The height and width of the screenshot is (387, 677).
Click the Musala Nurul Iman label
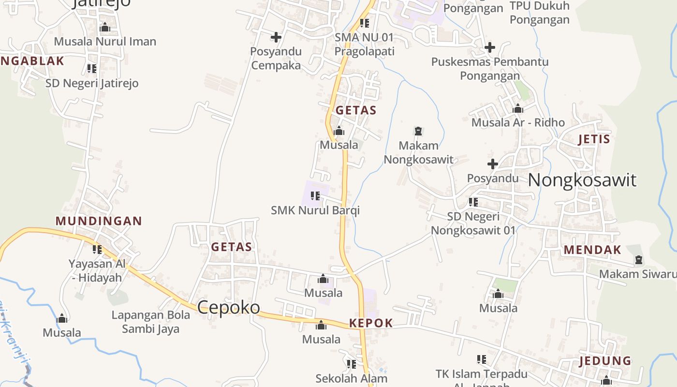(x=105, y=42)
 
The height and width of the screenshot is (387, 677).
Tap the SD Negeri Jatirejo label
(x=92, y=83)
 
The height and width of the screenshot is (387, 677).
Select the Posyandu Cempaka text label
(x=276, y=58)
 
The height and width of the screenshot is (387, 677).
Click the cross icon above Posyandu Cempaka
(x=276, y=37)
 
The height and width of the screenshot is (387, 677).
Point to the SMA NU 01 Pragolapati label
(x=364, y=44)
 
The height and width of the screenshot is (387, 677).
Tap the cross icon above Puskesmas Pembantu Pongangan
(x=490, y=47)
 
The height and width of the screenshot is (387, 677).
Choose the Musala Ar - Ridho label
(x=518, y=122)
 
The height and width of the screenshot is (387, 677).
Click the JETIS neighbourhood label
(x=594, y=139)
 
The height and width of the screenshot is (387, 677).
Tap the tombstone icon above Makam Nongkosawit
(x=418, y=131)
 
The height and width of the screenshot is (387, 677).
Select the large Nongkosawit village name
(x=582, y=180)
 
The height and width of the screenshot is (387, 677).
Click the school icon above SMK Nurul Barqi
(x=315, y=196)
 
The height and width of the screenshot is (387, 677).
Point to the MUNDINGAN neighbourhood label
(x=99, y=221)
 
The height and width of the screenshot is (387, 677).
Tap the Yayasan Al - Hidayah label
(x=97, y=271)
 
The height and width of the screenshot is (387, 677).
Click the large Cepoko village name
(x=228, y=307)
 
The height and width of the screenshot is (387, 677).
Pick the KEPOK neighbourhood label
(x=370, y=323)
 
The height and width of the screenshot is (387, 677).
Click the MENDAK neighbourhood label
(x=592, y=250)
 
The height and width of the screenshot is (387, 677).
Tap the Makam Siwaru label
(x=637, y=274)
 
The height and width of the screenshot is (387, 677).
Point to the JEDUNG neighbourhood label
(x=605, y=361)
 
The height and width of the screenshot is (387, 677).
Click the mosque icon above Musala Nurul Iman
(x=105, y=28)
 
